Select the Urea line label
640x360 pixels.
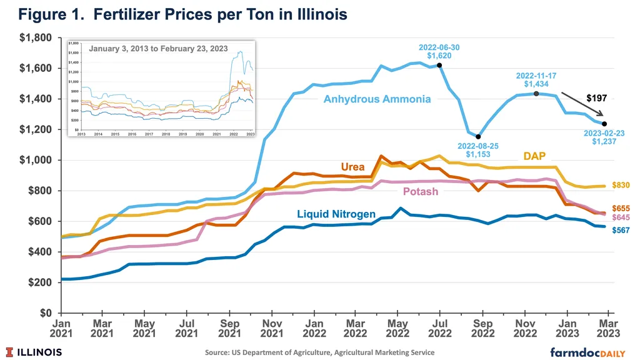click(x=353, y=167)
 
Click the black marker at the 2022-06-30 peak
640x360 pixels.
click(x=439, y=65)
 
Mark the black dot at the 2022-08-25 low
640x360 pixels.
click(x=478, y=137)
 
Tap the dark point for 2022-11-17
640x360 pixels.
click(x=536, y=94)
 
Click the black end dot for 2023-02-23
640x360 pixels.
click(x=604, y=124)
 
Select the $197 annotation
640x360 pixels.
click(x=596, y=98)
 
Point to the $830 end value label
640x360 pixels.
click(x=620, y=185)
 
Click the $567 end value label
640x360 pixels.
click(x=620, y=230)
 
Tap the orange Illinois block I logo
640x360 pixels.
click(x=10, y=352)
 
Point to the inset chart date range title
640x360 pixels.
click(x=158, y=48)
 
